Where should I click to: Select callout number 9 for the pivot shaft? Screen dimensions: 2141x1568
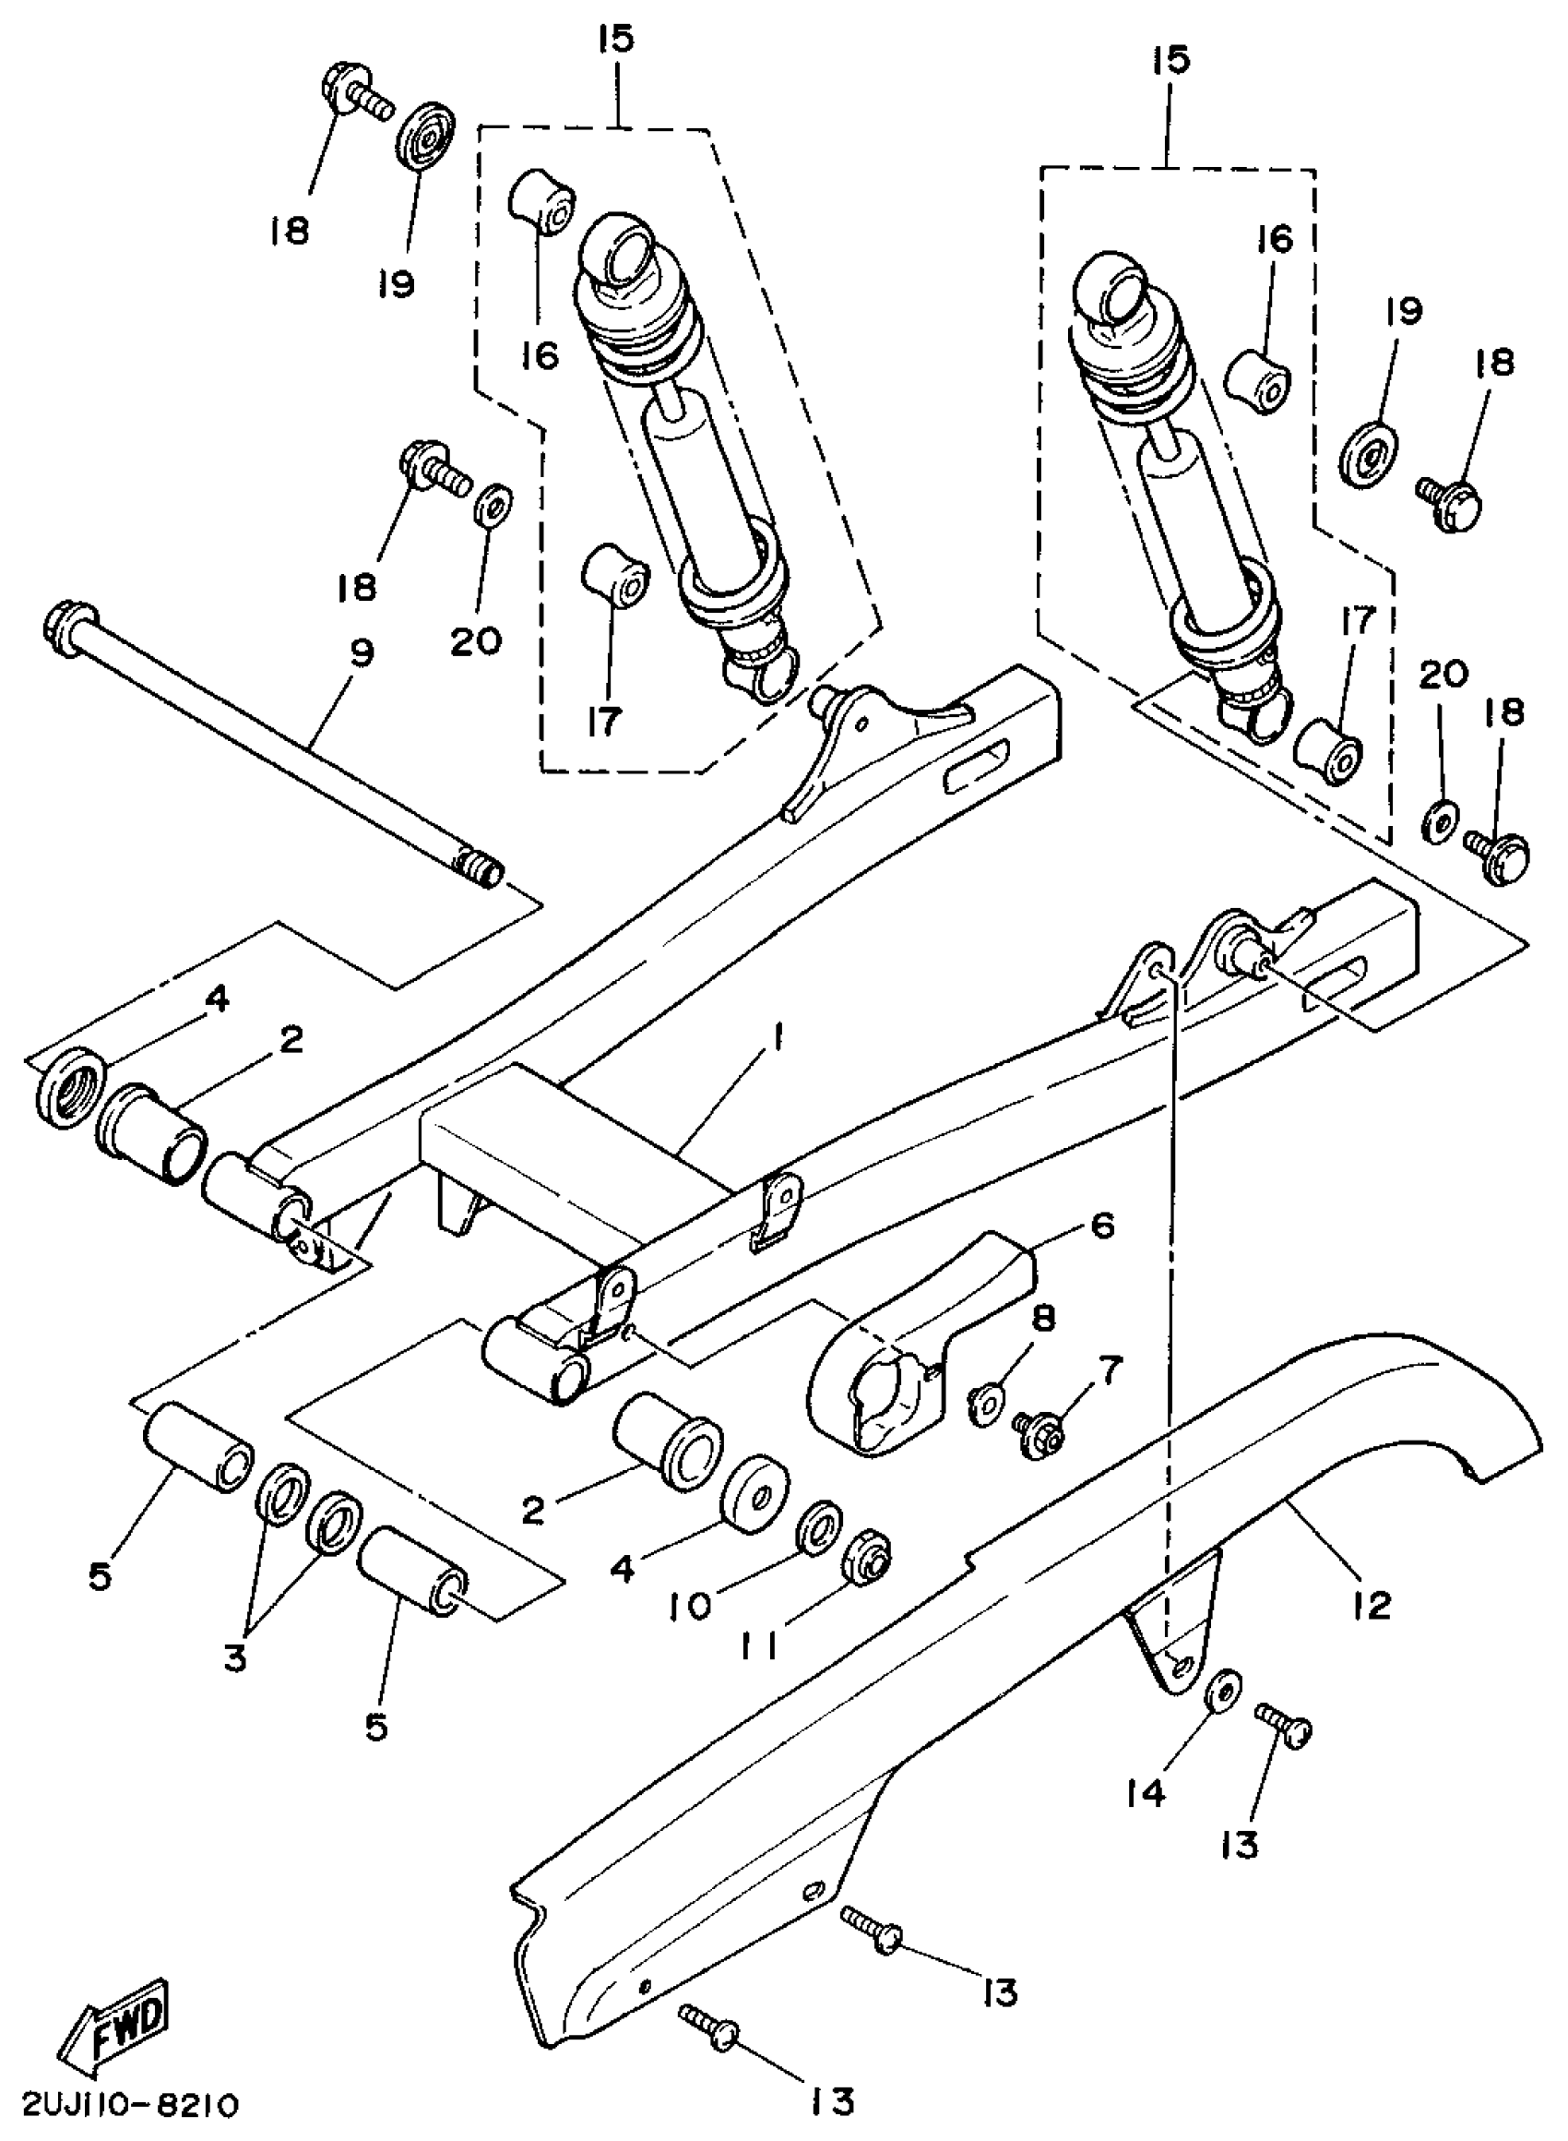tap(362, 653)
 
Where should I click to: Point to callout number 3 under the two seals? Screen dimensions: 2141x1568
tap(234, 1658)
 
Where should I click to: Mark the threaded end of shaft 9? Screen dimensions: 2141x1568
tap(481, 865)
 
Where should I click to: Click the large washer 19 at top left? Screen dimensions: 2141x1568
tap(424, 135)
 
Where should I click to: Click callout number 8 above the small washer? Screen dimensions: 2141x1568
tap(1043, 1320)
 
